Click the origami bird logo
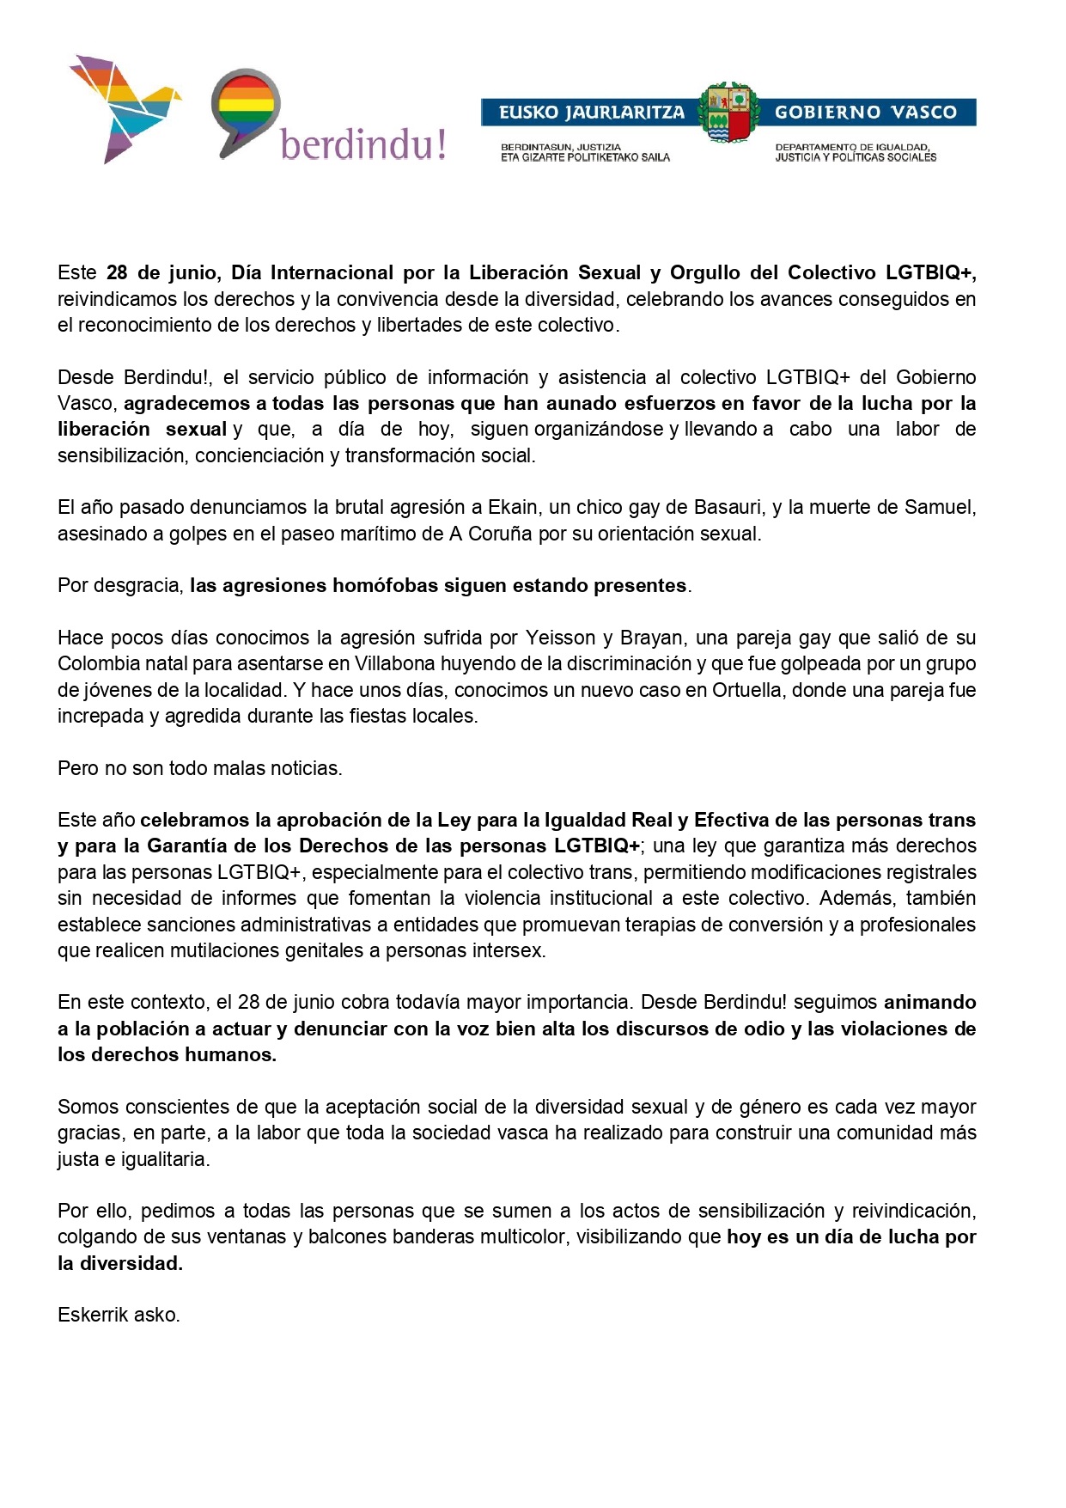tap(120, 107)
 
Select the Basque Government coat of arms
tap(728, 113)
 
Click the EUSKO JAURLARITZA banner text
tap(591, 113)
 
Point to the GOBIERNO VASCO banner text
tap(865, 113)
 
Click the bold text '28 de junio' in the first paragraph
tap(163, 273)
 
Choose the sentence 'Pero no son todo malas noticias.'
tap(199, 768)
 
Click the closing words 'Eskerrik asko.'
tap(119, 1315)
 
